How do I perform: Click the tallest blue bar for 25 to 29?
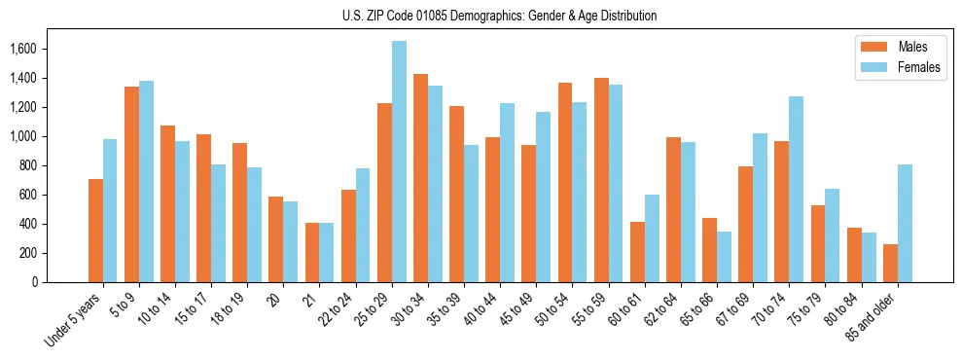pos(399,162)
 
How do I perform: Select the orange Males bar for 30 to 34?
pos(420,178)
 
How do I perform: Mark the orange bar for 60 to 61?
pos(637,252)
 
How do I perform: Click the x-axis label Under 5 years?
pos(74,321)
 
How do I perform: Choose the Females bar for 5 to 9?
pos(146,182)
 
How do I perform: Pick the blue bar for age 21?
pos(327,253)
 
